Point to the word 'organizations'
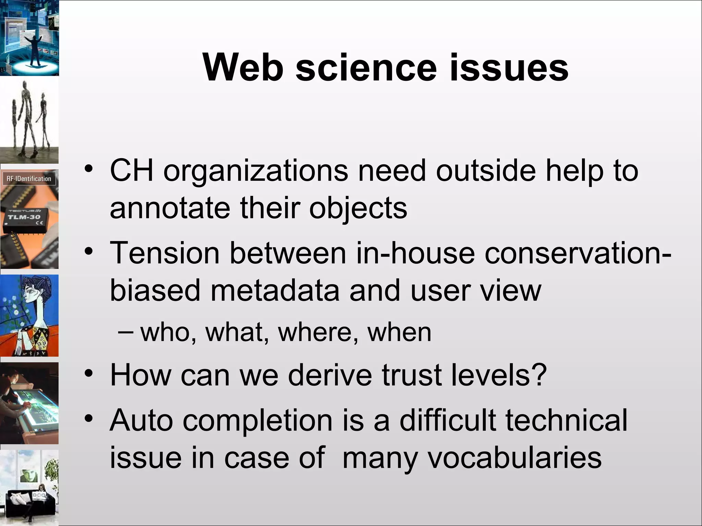point(256,171)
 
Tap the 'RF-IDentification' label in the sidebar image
point(29,179)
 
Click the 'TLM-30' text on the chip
point(24,217)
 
